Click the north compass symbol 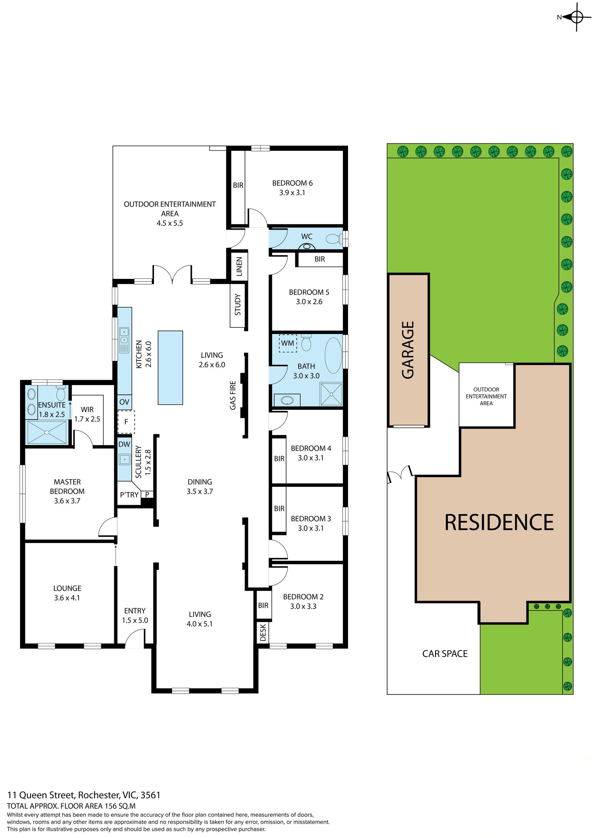coord(576,17)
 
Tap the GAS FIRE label coord(233,395)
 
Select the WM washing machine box coord(288,343)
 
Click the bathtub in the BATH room coord(333,355)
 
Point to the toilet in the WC coord(334,239)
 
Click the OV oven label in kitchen coord(124,402)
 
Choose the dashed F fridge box coord(126,422)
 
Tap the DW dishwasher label coord(124,444)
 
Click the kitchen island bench coord(170,368)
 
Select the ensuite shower coord(47,432)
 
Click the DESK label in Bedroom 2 coord(263,632)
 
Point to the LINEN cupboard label coord(239,266)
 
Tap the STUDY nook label coord(238,304)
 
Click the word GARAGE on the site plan coord(408,350)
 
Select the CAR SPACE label coord(445,654)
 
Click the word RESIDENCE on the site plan coord(499,522)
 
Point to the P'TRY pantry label coord(129,495)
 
